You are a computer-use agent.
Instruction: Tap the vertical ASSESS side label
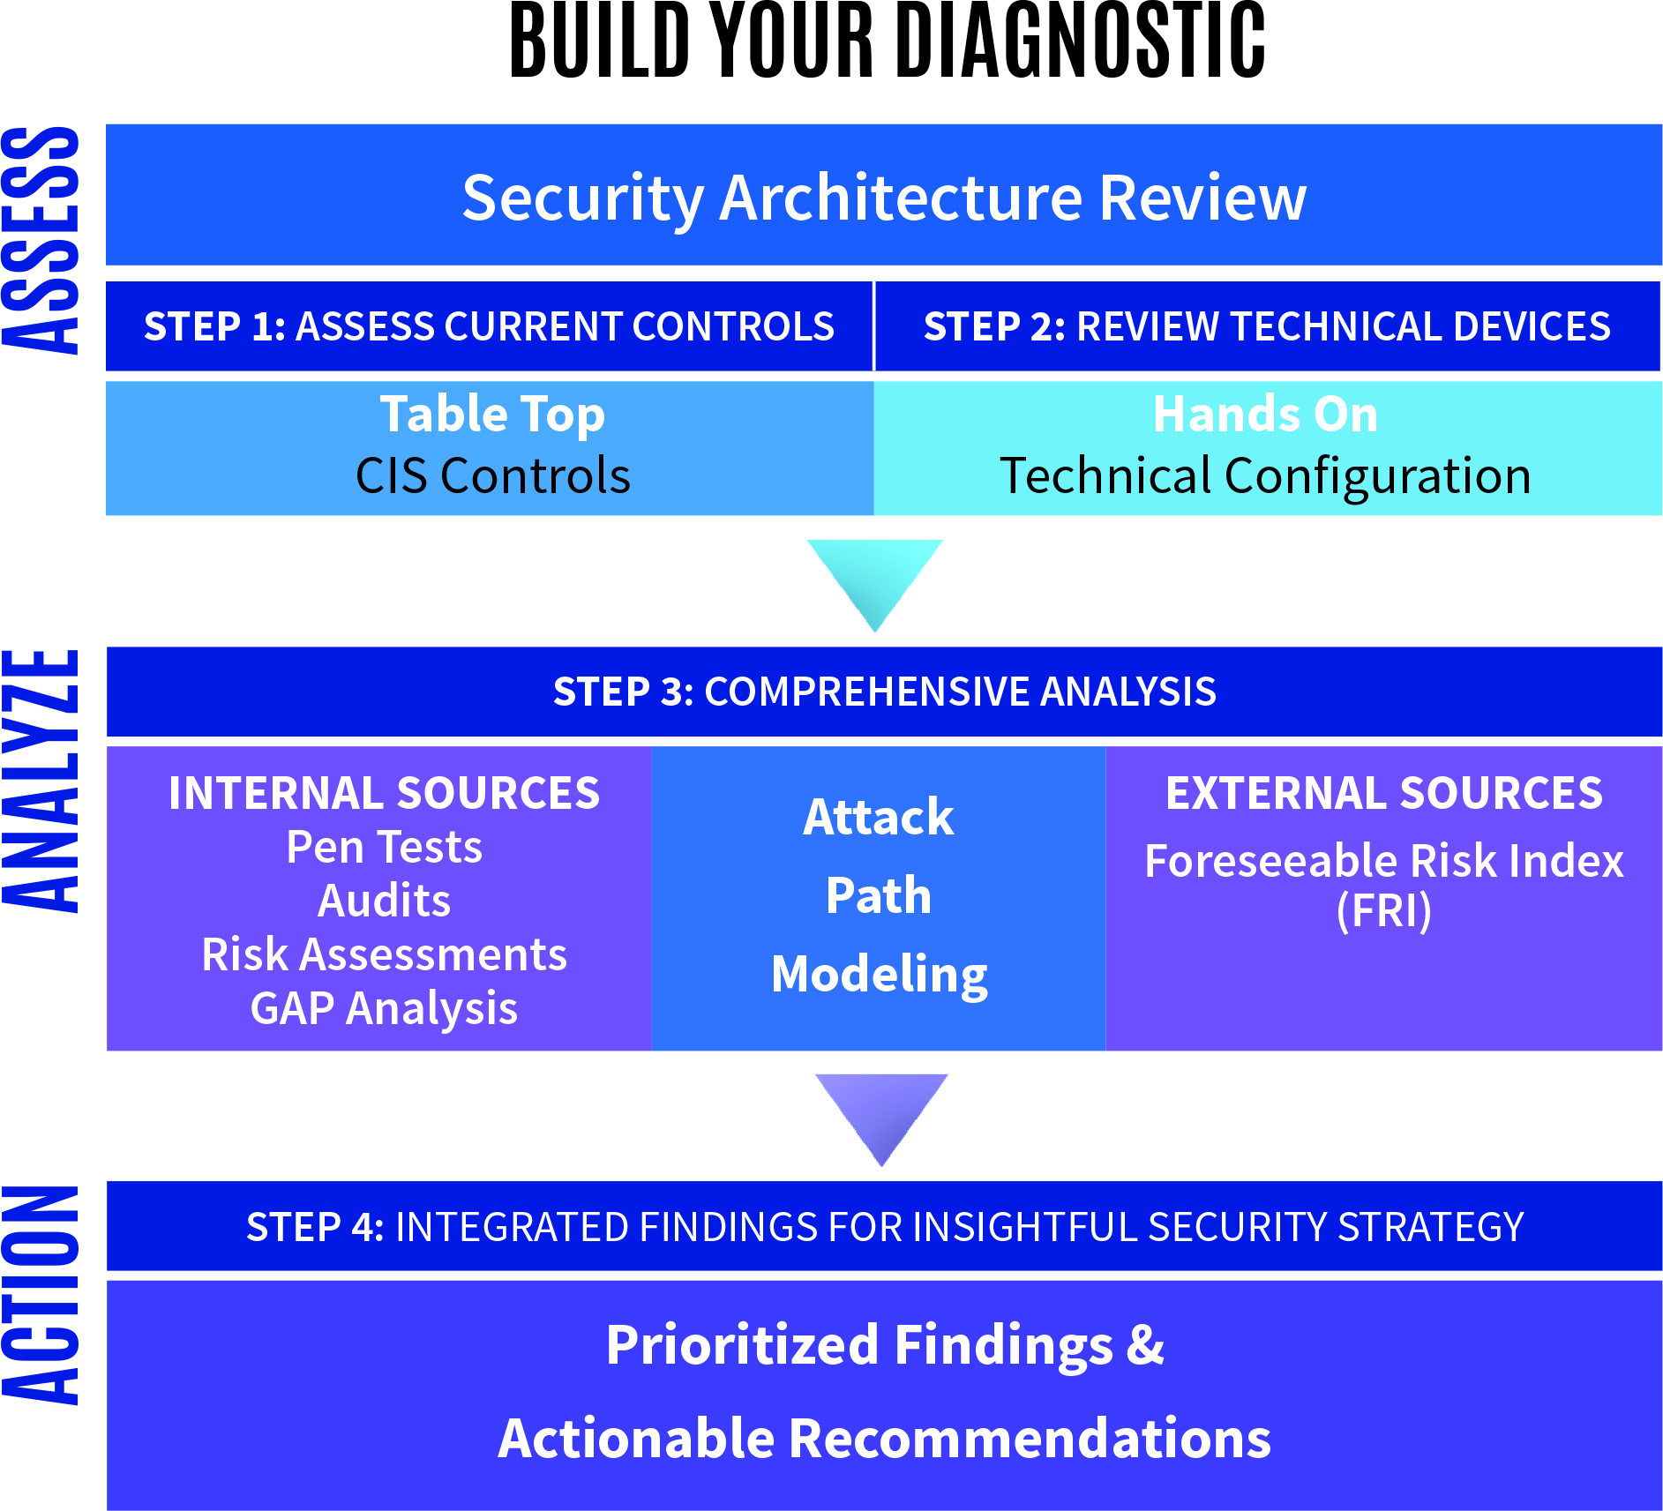41,240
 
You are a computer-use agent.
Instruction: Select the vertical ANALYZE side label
41,780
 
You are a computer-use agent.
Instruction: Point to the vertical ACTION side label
41,1295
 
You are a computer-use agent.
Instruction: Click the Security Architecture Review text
884,198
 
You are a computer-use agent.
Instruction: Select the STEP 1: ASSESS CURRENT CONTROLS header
489,326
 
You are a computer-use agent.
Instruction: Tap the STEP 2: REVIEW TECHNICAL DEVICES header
1267,326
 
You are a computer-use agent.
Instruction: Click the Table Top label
492,414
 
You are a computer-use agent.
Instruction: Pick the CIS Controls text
492,476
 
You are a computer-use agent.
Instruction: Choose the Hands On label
1265,414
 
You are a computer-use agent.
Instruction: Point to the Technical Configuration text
1265,476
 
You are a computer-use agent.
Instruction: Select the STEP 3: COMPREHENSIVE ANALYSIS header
884,692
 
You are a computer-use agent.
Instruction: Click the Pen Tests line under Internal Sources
384,848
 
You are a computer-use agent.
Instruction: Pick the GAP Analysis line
384,1008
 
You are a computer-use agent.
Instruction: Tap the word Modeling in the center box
879,975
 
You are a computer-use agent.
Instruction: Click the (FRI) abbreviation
1383,911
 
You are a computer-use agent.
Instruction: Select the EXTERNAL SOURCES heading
1383,793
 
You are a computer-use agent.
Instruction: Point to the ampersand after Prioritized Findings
1145,1345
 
